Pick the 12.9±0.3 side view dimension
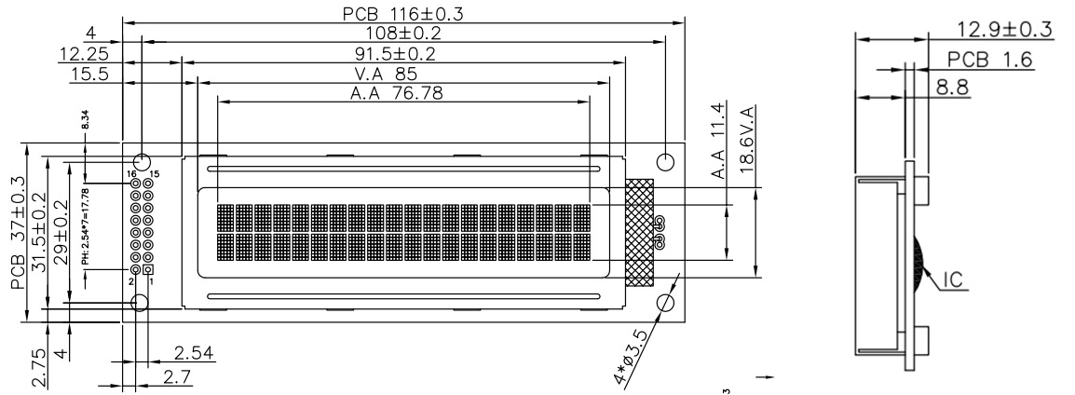pyautogui.click(x=1007, y=30)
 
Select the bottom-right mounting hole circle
pyautogui.click(x=666, y=304)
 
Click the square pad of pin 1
pyautogui.click(x=147, y=269)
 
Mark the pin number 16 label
pyautogui.click(x=133, y=174)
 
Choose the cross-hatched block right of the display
pyautogui.click(x=640, y=232)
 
